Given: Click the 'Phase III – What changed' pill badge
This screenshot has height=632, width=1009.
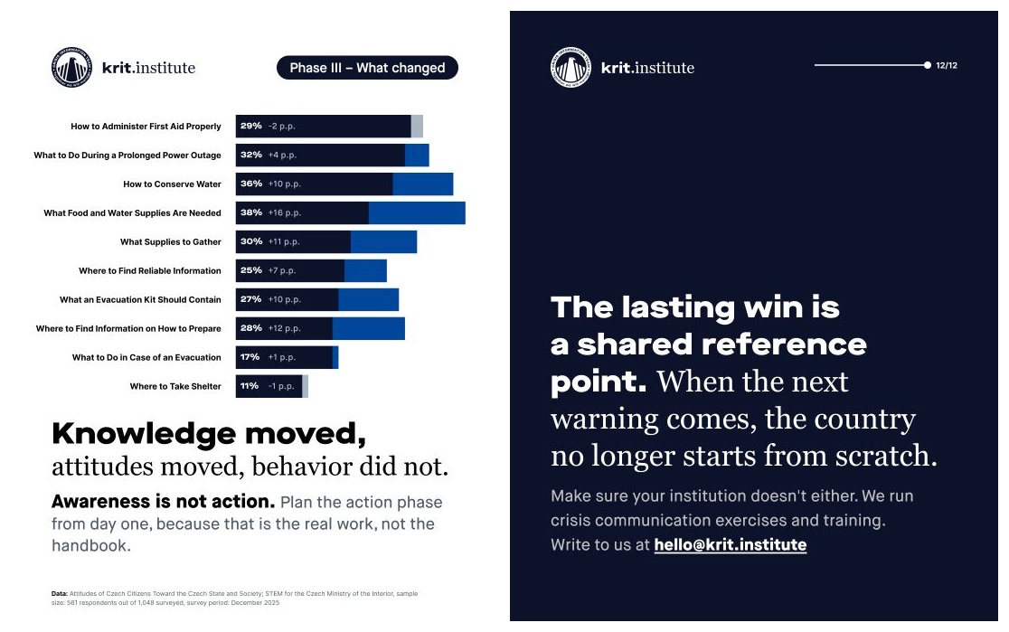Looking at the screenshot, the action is click(367, 68).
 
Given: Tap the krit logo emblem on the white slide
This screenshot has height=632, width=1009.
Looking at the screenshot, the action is click(71, 67).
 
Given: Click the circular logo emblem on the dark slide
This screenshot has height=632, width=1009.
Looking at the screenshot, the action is click(571, 67).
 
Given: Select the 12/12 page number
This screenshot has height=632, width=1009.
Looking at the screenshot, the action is click(947, 65).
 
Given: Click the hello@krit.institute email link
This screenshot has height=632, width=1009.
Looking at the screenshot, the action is click(731, 544).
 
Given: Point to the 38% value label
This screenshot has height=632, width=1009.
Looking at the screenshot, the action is click(251, 212).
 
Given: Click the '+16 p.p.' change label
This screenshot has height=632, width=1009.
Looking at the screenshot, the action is click(285, 212).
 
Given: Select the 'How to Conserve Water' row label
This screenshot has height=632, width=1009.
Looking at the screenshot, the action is click(172, 184).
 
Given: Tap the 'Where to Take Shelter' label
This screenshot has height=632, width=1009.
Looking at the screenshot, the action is click(175, 386).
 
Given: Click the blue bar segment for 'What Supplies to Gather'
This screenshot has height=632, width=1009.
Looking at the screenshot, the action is click(383, 242).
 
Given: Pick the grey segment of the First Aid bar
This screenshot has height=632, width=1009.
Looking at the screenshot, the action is click(417, 127).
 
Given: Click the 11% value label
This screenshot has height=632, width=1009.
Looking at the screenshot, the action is click(250, 386).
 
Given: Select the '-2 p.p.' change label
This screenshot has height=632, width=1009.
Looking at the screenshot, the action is click(282, 127).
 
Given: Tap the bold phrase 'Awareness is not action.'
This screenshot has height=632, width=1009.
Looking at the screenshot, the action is click(164, 502).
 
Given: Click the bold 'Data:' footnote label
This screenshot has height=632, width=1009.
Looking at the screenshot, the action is click(59, 593).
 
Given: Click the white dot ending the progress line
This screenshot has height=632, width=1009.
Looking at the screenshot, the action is click(928, 65).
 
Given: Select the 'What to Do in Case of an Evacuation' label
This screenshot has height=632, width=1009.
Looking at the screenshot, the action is click(146, 357).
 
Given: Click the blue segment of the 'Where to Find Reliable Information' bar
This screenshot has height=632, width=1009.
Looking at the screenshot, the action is click(365, 271).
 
